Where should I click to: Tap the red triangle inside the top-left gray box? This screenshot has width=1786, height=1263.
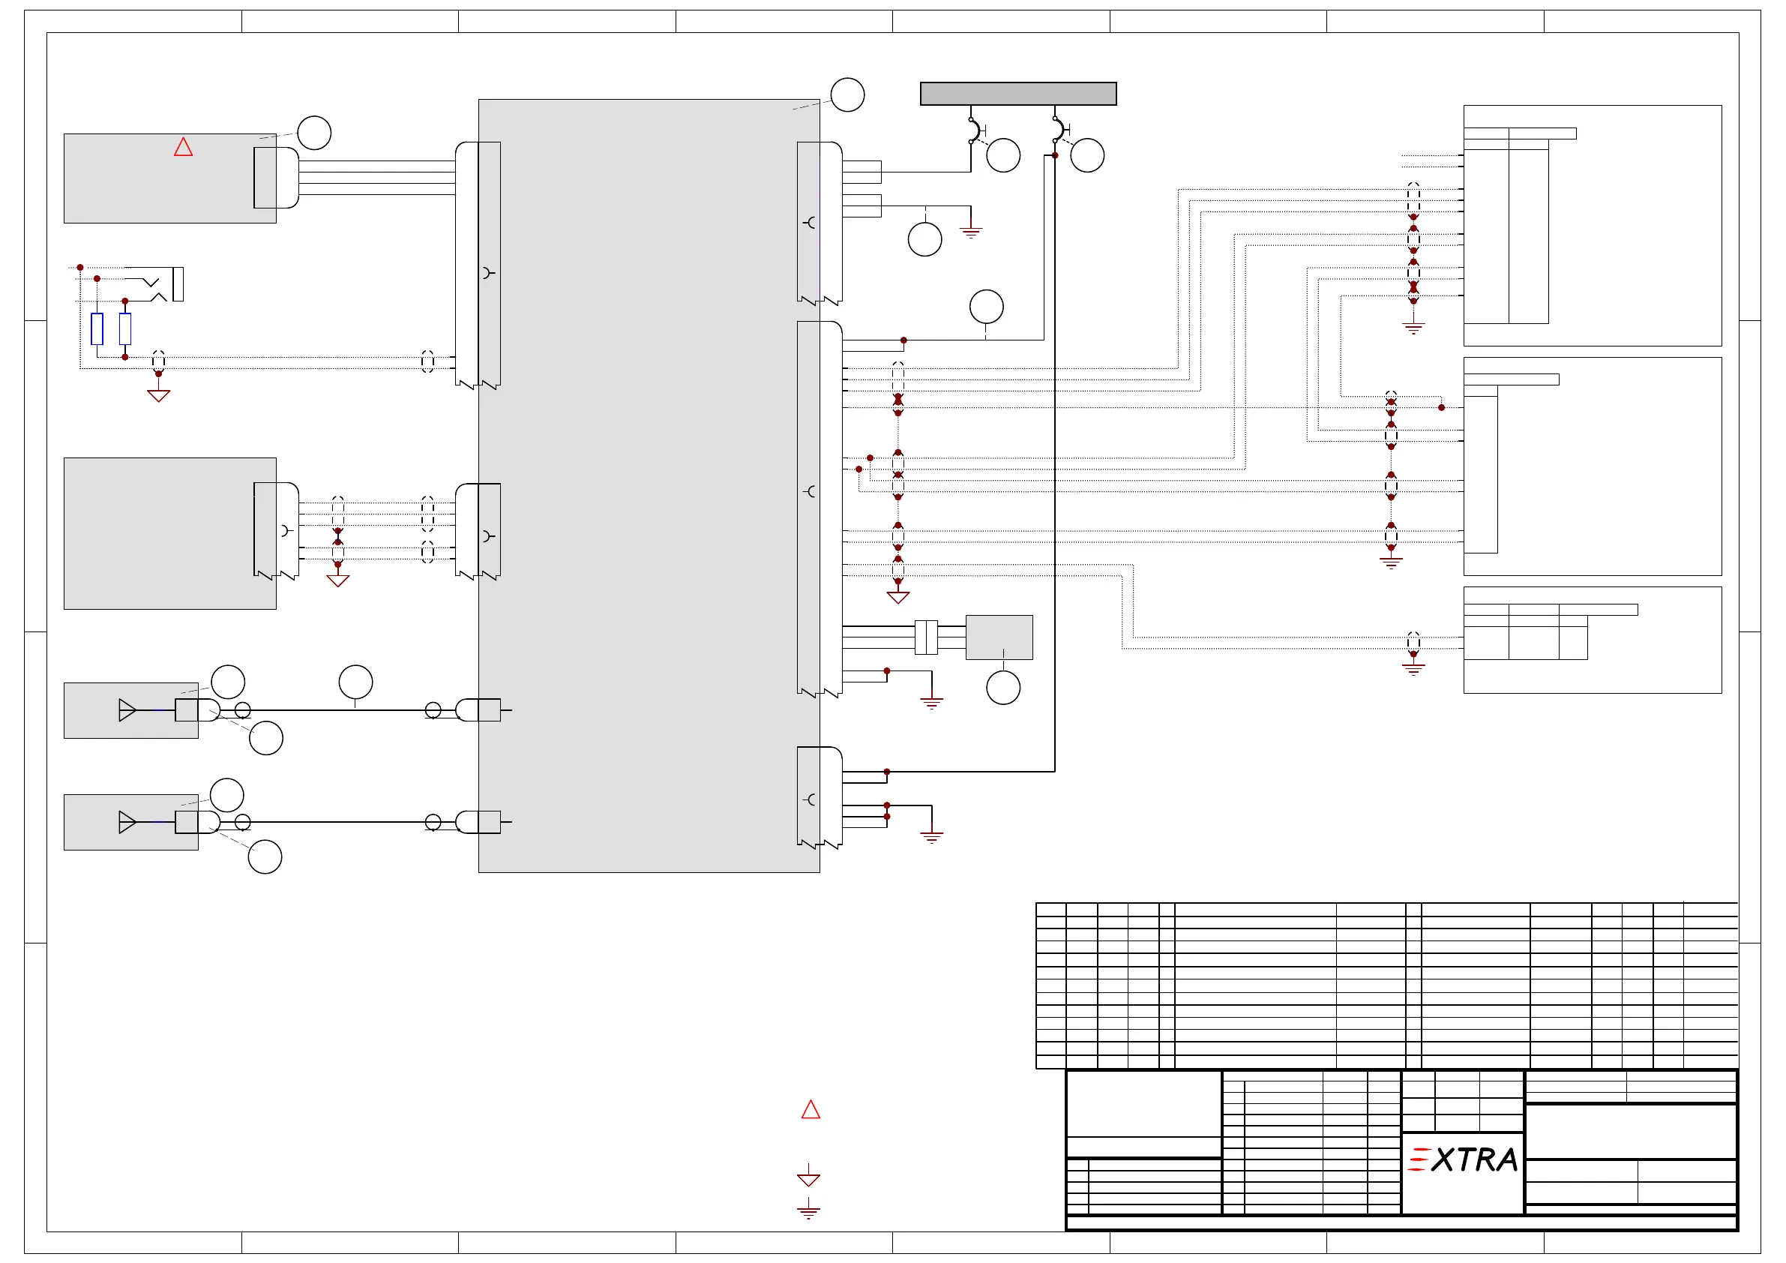coord(183,147)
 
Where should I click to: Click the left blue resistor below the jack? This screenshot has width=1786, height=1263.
coord(97,328)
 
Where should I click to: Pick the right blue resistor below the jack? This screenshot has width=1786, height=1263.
coord(125,328)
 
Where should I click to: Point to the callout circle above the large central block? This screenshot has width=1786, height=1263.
coord(847,95)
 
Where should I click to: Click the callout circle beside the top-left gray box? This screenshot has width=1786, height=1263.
coord(314,133)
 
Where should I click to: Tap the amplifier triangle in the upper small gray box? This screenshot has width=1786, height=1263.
coord(127,709)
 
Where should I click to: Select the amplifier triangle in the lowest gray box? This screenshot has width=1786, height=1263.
coord(127,822)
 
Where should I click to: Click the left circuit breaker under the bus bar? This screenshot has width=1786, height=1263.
coord(973,130)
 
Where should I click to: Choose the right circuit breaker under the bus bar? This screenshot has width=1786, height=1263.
coord(1057,130)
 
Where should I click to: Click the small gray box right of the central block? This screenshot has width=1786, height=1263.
coord(999,637)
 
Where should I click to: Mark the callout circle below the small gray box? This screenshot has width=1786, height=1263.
coord(1002,688)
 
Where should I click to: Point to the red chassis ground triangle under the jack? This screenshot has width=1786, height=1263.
coord(159,395)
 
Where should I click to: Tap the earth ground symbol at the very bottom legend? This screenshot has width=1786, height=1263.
coord(808,1210)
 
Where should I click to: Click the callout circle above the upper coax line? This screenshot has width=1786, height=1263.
coord(355,682)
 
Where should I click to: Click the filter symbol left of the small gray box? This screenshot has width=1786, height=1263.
coord(926,637)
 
